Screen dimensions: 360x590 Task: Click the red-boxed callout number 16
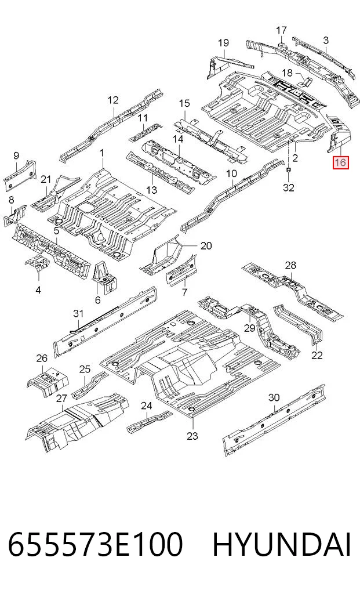click(x=340, y=162)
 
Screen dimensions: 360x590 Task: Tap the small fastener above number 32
click(x=288, y=171)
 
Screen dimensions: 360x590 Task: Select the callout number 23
click(x=192, y=436)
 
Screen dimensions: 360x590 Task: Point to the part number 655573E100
click(x=96, y=545)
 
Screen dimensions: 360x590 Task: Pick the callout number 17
click(x=281, y=30)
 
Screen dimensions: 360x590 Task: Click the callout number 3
click(x=326, y=40)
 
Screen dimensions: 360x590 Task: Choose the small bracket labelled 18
click(x=306, y=82)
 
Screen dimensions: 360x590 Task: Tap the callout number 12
click(x=113, y=100)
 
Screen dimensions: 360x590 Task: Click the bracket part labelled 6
click(x=104, y=277)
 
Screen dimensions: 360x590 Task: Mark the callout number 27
click(x=61, y=398)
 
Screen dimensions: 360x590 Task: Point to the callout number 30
click(x=274, y=397)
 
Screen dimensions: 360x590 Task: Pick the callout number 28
click(x=290, y=265)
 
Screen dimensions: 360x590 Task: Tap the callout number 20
click(x=206, y=246)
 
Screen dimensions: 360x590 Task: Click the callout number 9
click(x=16, y=155)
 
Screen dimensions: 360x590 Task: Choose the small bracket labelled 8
click(x=15, y=216)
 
